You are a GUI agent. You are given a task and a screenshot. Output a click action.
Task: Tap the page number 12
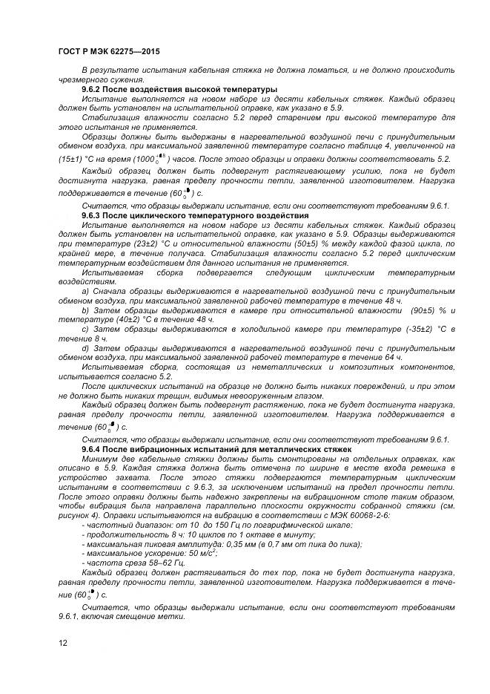coord(62,643)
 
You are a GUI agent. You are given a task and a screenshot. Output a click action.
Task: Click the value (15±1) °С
coord(77,160)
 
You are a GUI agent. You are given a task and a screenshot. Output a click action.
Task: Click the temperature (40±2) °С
coord(130,318)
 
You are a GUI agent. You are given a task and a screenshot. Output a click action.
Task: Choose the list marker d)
coord(86,347)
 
